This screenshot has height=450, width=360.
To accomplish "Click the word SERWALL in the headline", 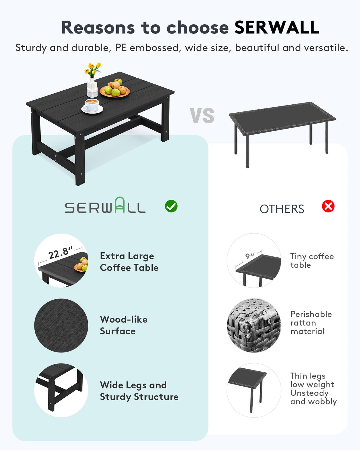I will (x=276, y=28).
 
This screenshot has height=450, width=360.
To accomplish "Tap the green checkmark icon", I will (x=171, y=206).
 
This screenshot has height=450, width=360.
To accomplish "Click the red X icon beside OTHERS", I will (x=328, y=206).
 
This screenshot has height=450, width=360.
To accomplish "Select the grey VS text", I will (x=202, y=116).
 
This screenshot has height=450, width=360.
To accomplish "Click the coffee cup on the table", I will (x=92, y=106).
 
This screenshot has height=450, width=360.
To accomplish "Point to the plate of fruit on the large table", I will (x=115, y=89).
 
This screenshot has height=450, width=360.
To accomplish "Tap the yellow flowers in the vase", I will (x=93, y=69).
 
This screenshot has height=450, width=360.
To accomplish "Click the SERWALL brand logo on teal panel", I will (x=105, y=206).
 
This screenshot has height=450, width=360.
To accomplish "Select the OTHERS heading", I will (x=282, y=209).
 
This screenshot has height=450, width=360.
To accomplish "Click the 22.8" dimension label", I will (x=60, y=253).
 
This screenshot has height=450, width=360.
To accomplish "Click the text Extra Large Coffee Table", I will (x=129, y=262).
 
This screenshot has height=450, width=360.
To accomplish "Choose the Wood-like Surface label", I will (x=124, y=325).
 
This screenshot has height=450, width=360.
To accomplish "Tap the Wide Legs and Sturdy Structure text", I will (x=139, y=391).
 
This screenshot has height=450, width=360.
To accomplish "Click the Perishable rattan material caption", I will (x=311, y=323).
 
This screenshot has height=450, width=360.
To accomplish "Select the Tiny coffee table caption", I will (x=312, y=261).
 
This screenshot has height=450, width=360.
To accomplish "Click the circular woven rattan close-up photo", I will (x=254, y=325).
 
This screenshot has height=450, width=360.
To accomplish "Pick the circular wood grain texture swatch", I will (x=61, y=325).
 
